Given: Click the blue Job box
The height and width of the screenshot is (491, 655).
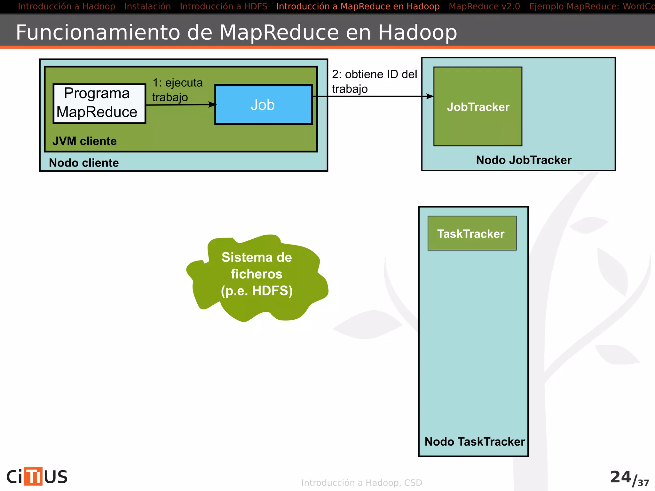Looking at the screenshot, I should tap(263, 105).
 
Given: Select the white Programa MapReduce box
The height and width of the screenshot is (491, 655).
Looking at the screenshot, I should tap(99, 103).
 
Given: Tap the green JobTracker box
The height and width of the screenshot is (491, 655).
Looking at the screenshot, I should tap(478, 106).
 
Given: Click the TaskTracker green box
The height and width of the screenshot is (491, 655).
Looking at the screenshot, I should tap(472, 233).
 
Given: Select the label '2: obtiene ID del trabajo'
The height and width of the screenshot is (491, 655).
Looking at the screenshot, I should tap(374, 81).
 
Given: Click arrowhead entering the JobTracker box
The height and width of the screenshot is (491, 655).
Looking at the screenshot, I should tap(430, 96).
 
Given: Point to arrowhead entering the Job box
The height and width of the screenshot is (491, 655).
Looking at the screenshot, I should tap(212, 105).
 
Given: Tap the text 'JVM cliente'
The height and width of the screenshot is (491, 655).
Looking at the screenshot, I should tap(84, 141).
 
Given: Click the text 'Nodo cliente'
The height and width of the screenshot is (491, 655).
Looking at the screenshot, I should tap(84, 163).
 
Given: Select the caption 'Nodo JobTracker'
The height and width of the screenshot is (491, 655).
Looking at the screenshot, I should tap(523, 160).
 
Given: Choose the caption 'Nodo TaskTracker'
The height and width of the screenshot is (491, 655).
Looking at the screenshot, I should tap(474, 441).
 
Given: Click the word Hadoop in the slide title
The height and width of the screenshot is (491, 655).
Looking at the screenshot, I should tap(417, 32).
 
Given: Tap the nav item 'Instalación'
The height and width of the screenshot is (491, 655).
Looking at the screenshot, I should tap(147, 6).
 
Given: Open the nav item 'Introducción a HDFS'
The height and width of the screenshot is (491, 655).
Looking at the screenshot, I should tap(223, 6).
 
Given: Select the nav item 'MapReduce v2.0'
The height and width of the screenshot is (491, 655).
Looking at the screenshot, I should tap(484, 6).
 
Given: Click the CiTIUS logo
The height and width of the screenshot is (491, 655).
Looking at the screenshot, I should tap(37, 476).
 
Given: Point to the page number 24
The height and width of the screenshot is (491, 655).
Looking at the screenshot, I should tap(620, 477).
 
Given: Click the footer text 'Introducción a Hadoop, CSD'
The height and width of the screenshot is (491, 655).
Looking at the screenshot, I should tap(361, 483).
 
